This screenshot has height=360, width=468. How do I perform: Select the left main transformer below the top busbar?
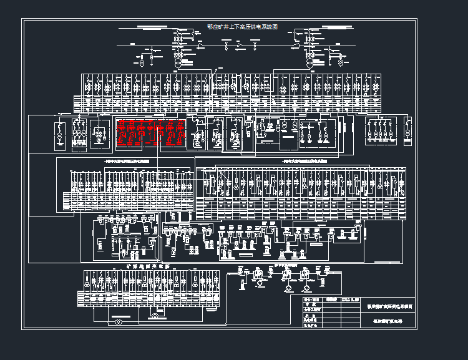click(x=178, y=63)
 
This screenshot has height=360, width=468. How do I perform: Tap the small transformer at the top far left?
click(x=141, y=62)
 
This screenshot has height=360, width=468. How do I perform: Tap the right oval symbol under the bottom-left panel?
click(x=155, y=317)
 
